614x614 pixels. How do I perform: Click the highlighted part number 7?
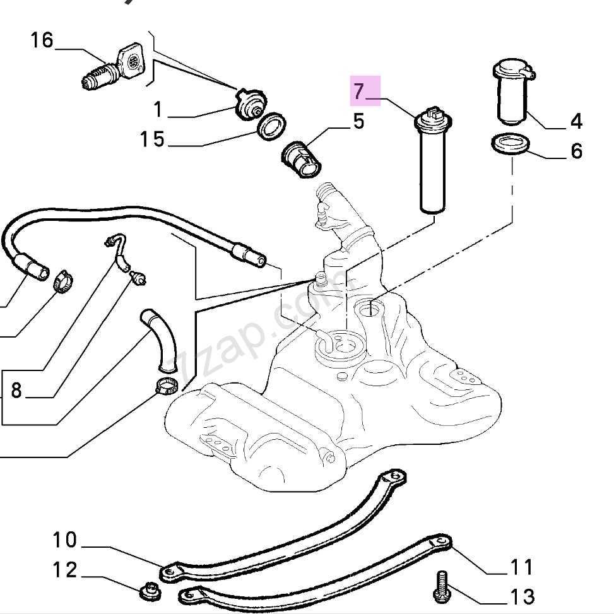point(359,92)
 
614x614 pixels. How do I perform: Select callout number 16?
point(42,41)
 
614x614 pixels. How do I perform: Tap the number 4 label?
point(576,121)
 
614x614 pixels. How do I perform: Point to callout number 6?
point(576,151)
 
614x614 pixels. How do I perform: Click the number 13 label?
point(521,596)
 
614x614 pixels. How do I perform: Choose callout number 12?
point(64,570)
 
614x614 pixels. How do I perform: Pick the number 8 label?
point(16,391)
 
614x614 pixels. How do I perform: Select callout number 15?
point(152,139)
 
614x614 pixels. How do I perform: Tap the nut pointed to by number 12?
point(148,591)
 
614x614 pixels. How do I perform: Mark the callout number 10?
point(64,540)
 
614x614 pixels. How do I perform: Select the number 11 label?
point(521,566)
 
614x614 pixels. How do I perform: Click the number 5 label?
point(358,122)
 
